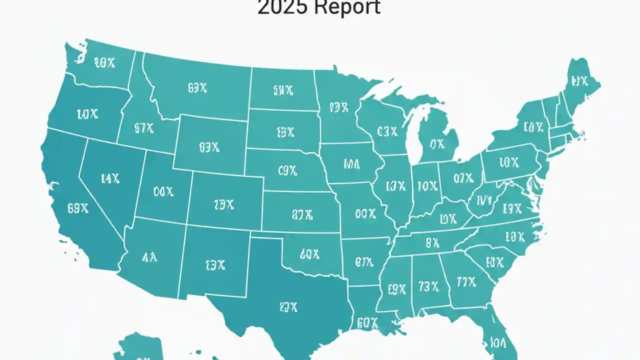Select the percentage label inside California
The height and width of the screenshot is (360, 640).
(77, 209)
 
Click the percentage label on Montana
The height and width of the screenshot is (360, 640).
(197, 88)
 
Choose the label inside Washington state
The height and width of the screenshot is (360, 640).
(104, 62)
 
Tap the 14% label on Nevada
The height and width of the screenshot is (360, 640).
(110, 178)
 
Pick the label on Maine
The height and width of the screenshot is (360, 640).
(579, 81)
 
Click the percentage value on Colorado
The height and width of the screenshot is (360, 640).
(223, 204)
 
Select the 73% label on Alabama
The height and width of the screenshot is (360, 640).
(428, 286)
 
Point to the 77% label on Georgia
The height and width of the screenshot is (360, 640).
(466, 282)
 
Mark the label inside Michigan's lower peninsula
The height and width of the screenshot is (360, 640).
(437, 144)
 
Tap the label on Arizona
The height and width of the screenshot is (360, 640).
(149, 257)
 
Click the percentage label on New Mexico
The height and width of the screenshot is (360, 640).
(215, 265)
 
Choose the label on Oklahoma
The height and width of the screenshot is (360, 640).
(309, 254)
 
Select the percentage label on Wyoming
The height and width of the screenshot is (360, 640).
(209, 147)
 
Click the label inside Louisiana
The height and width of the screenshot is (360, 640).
(367, 323)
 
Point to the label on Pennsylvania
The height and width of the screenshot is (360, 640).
(508, 162)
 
